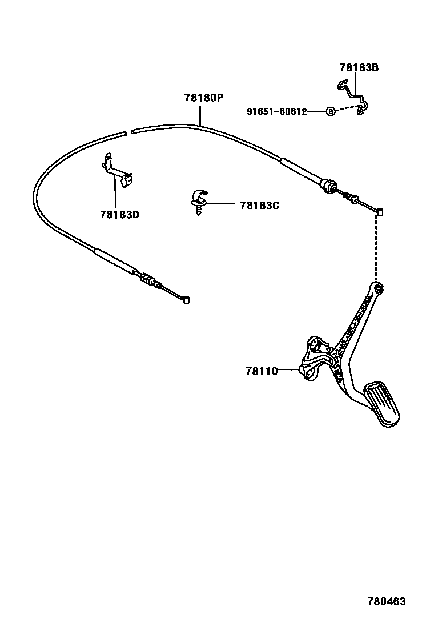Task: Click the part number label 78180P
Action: point(203,98)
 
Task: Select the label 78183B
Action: point(359,68)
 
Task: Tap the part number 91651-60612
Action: point(276,112)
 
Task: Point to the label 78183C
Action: point(259,205)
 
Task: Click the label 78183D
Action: point(119,215)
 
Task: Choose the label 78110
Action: point(262,371)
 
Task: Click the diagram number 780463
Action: point(386,602)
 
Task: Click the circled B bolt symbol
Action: point(331,112)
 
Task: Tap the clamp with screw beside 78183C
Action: point(198,200)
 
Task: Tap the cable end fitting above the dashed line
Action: point(380,212)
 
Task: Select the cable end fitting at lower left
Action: point(186,300)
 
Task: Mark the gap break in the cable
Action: point(127,132)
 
